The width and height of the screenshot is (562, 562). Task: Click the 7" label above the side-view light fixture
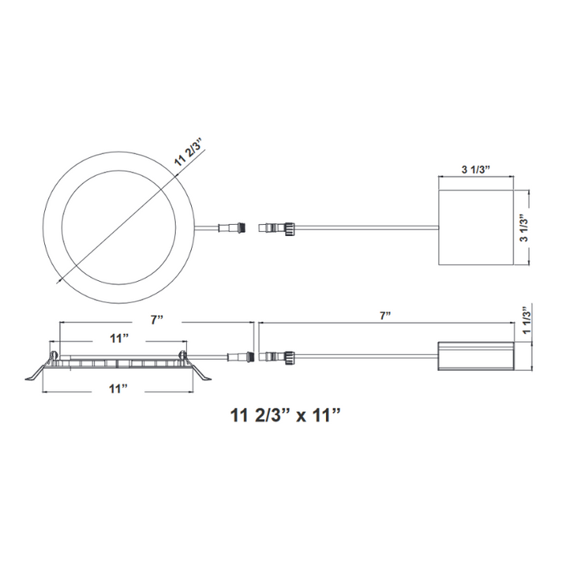(157, 320)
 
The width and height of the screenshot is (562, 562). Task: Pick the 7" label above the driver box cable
(385, 316)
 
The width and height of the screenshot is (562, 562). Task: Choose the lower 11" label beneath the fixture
(119, 389)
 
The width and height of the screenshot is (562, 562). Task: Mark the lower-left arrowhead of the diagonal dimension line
(61, 282)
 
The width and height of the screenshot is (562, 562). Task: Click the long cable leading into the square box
(369, 228)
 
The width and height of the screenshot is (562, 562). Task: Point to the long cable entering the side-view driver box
(365, 355)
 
